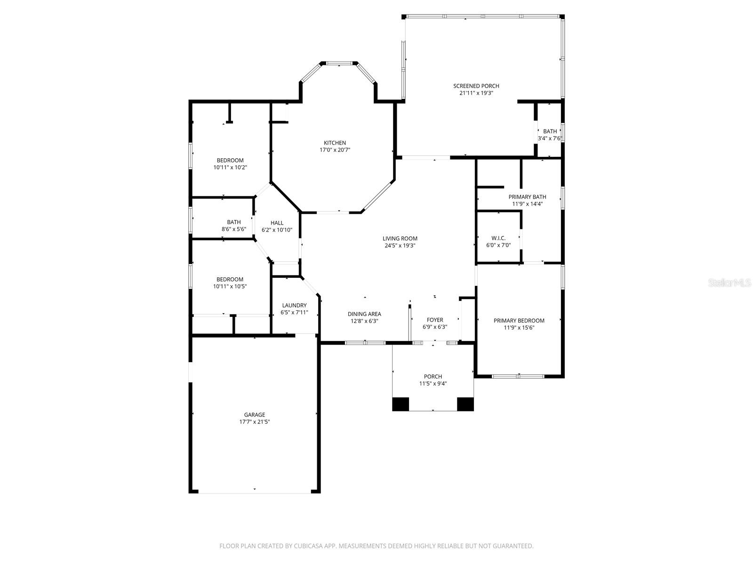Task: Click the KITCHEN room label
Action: tap(335, 143)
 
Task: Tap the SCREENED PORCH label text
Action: tap(476, 86)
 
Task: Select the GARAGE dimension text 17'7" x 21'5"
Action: tap(254, 422)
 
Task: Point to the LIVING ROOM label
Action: tap(400, 238)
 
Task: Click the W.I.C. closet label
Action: tap(498, 238)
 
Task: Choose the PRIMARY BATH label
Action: tap(527, 197)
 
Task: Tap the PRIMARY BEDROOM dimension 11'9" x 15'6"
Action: tap(519, 328)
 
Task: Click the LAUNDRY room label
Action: tap(294, 305)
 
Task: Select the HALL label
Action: tap(277, 223)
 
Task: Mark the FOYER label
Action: tap(434, 320)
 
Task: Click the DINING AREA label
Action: tap(364, 314)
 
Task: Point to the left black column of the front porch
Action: tap(401, 404)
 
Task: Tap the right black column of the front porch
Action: tap(465, 404)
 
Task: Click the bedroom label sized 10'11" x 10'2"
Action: tap(230, 160)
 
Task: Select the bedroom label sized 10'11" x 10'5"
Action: tap(230, 279)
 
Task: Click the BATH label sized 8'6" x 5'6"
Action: tap(233, 222)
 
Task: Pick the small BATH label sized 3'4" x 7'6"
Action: tap(550, 131)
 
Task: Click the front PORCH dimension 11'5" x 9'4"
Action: tap(433, 384)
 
